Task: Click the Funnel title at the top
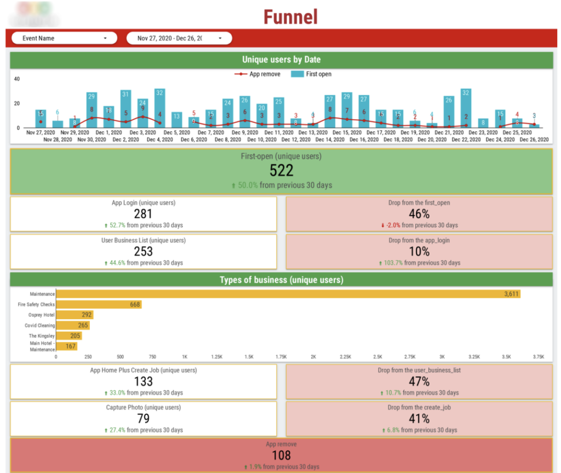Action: coord(290,16)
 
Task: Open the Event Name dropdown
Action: coord(65,38)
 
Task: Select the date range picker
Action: coord(179,38)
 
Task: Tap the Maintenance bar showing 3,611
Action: coord(288,294)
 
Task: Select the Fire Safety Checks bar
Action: coord(99,304)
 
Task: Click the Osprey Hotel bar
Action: coord(75,315)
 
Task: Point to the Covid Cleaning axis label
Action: coord(39,326)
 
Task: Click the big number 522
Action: coord(281,170)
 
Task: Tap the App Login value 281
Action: coord(144,214)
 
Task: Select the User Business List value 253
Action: coord(144,251)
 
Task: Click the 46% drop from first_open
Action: coord(419,214)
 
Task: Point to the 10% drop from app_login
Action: coord(419,251)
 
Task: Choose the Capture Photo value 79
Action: coord(144,419)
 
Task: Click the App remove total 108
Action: coord(281,455)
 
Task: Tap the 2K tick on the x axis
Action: coord(313,356)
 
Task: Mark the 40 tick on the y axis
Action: coord(16,79)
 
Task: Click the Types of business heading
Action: coord(281,280)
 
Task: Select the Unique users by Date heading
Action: coord(281,60)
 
